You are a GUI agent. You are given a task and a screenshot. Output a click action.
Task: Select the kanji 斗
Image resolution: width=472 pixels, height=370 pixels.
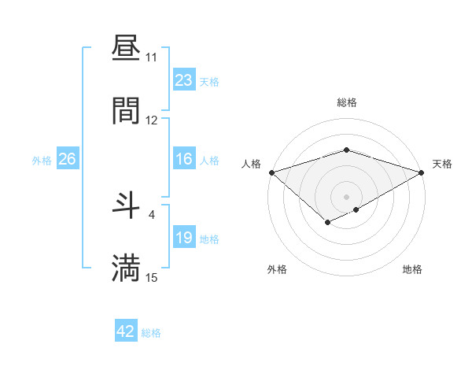tap(126, 205)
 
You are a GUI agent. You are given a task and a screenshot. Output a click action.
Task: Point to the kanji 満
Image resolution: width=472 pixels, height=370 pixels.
tap(126, 268)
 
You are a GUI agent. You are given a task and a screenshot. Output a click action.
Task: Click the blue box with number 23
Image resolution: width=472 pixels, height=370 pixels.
tap(183, 80)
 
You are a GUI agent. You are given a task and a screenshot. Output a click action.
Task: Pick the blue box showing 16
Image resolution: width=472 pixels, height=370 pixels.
tap(183, 159)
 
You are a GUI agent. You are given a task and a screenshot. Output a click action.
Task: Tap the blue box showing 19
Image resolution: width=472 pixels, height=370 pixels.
tap(183, 238)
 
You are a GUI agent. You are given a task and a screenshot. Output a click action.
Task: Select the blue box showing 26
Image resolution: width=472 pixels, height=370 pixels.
tap(67, 159)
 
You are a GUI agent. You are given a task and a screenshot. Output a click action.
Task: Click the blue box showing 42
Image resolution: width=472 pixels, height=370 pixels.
tap(126, 331)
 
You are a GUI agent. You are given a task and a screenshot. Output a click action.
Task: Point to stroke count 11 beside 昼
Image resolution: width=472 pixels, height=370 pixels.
tap(151, 57)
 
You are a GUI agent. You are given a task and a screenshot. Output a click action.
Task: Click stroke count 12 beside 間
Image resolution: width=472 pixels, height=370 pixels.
tap(151, 120)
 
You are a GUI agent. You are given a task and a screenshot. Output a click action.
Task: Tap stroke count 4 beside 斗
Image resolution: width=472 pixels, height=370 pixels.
tap(151, 214)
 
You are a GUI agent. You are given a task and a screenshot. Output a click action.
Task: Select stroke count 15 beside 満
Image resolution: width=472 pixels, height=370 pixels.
tap(151, 277)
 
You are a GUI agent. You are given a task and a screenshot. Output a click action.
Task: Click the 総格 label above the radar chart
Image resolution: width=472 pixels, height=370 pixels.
tap(347, 102)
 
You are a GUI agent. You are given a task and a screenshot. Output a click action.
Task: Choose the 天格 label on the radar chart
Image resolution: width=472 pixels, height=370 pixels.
tap(442, 164)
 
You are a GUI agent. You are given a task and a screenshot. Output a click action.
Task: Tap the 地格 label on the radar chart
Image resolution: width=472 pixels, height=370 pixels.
tap(412, 269)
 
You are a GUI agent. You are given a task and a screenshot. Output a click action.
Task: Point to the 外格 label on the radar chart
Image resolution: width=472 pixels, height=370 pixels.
tap(277, 269)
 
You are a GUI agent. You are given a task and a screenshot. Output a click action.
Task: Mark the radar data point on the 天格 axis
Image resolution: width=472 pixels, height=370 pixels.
tap(422, 172)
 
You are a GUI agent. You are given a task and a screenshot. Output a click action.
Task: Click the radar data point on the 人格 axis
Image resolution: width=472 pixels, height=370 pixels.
tap(271, 172)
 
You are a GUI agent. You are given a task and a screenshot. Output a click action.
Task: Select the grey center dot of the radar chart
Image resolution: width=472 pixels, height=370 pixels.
tap(347, 196)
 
